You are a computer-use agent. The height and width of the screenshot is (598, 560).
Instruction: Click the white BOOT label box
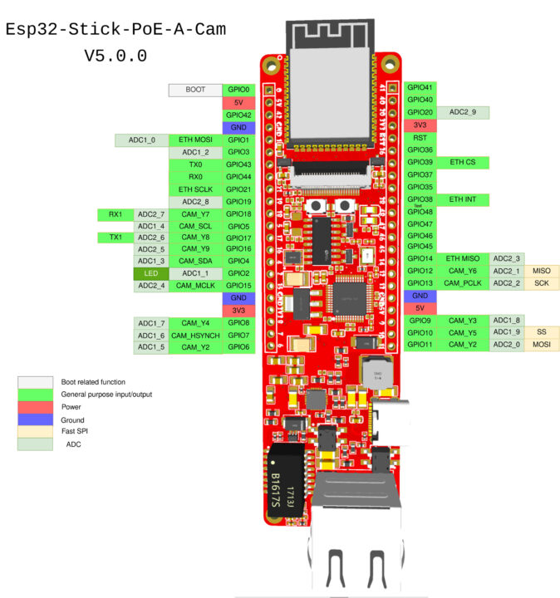[195, 90]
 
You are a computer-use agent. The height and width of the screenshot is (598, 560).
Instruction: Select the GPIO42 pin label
[238, 115]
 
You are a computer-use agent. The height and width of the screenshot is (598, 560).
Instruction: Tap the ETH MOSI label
[195, 140]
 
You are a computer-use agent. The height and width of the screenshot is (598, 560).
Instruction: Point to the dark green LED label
[150, 273]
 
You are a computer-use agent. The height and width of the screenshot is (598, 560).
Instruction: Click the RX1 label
[115, 214]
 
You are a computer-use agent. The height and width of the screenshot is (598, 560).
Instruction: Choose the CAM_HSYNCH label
[195, 335]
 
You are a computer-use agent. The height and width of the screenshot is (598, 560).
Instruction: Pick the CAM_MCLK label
[195, 286]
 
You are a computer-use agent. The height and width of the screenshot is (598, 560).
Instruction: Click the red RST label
[420, 137]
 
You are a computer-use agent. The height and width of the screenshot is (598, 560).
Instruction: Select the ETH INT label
[462, 199]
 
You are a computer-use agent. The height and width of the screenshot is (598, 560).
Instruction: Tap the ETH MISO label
[462, 259]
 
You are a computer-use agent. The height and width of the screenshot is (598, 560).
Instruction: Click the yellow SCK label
[541, 283]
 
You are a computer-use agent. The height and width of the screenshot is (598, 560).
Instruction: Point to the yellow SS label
[541, 332]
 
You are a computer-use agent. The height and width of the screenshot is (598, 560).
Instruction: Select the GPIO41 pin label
[420, 87]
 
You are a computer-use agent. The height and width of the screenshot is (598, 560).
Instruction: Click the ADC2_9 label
[462, 112]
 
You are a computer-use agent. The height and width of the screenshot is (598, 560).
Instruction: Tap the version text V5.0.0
[115, 56]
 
